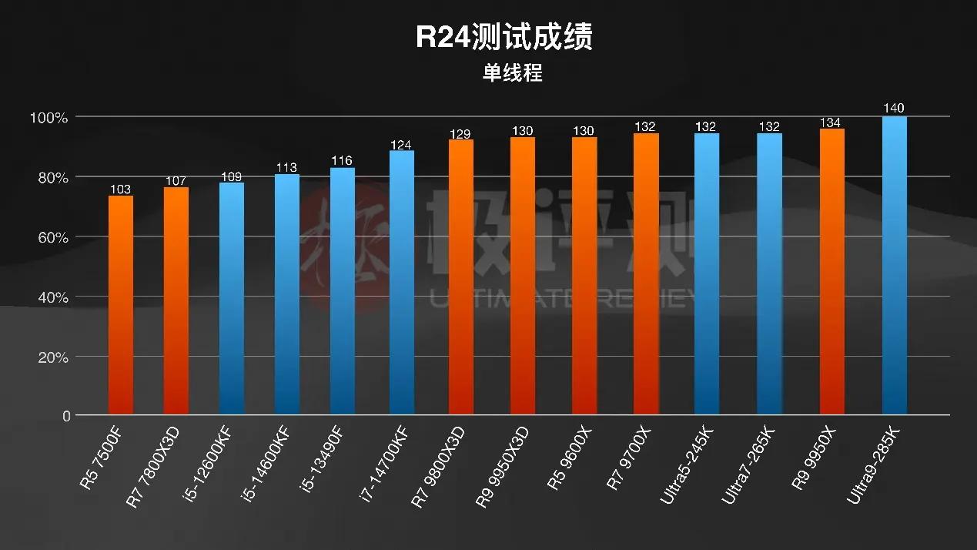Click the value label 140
click(x=895, y=108)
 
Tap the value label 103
click(x=121, y=189)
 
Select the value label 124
click(x=402, y=143)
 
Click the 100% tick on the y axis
click(x=49, y=117)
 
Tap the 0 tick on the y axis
click(x=66, y=416)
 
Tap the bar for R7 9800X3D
click(x=461, y=277)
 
